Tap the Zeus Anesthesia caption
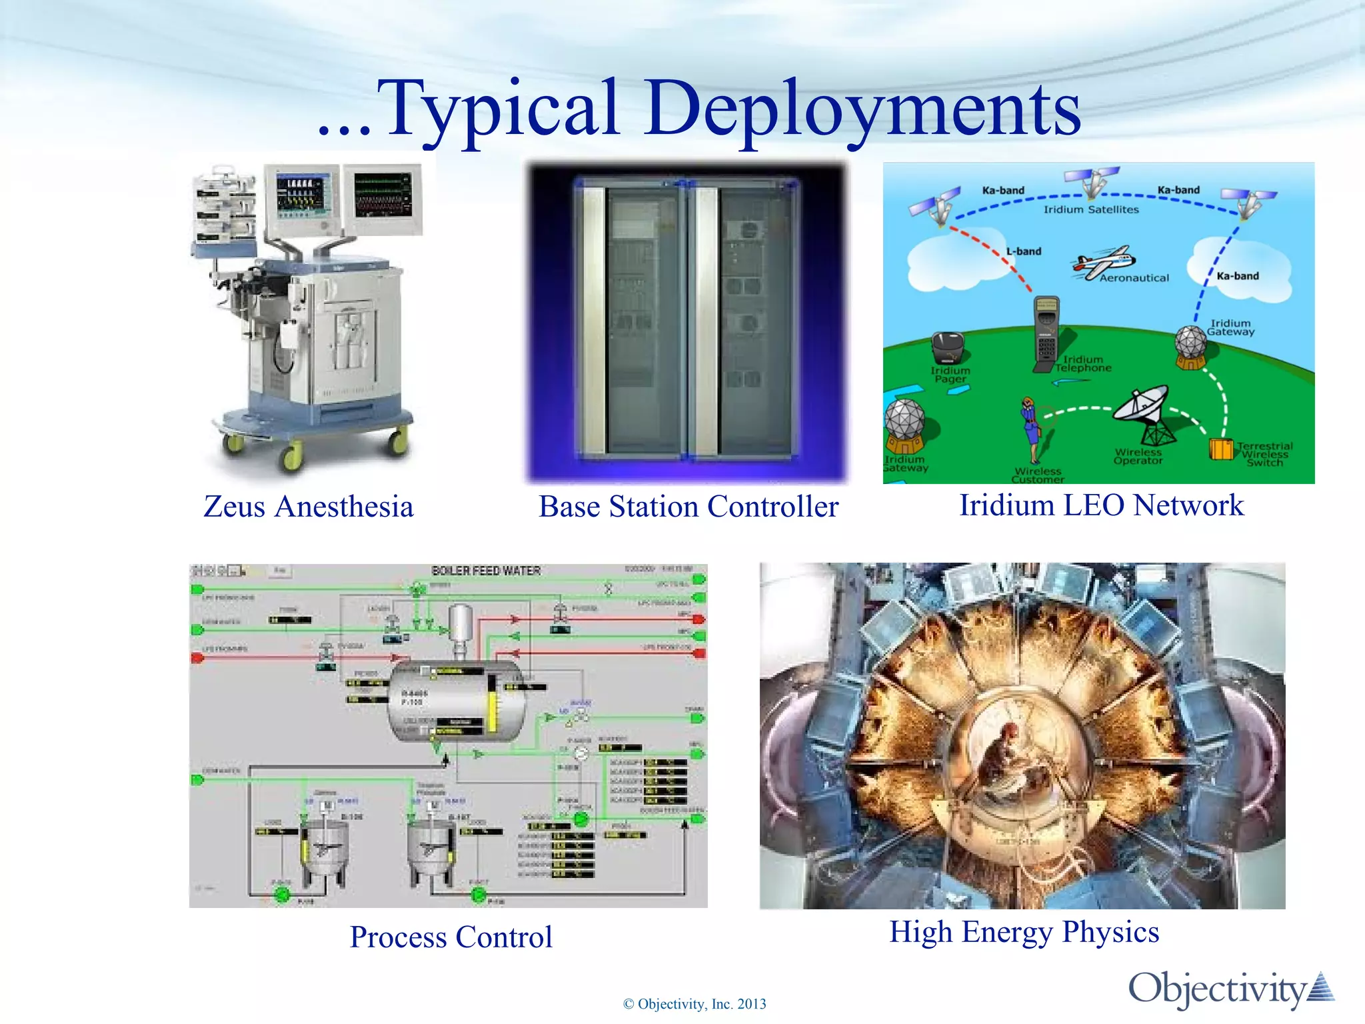click(309, 507)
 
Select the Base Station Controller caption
click(688, 507)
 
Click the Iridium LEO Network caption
click(1101, 505)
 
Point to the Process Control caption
click(451, 937)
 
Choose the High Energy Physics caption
click(1024, 932)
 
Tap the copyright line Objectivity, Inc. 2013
click(694, 1004)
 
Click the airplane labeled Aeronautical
click(1103, 262)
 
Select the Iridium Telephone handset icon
click(1046, 333)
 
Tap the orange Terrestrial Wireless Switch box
click(1221, 449)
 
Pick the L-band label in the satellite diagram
click(1024, 251)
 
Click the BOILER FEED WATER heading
click(486, 571)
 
